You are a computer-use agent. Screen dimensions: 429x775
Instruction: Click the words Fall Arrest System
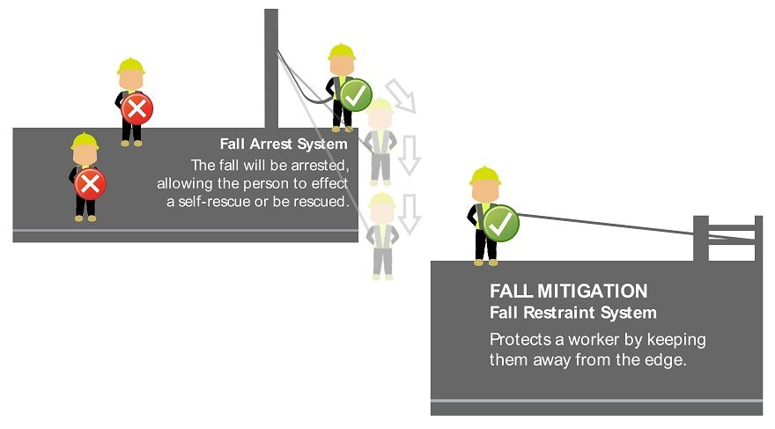(x=284, y=144)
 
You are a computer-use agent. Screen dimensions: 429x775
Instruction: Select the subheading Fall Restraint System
(x=572, y=313)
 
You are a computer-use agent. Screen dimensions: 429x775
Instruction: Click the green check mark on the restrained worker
(x=500, y=223)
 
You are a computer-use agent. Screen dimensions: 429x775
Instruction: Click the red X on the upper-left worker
(x=137, y=108)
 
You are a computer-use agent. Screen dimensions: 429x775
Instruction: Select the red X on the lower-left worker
(x=90, y=183)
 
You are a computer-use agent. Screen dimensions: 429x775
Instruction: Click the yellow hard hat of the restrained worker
(x=484, y=175)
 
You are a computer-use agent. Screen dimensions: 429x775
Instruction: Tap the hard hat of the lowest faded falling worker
(x=382, y=202)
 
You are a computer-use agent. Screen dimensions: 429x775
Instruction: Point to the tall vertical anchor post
(x=271, y=66)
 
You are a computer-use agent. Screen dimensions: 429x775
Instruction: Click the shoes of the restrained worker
(x=485, y=261)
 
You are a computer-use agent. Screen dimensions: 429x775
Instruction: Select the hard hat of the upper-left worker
(x=130, y=66)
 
